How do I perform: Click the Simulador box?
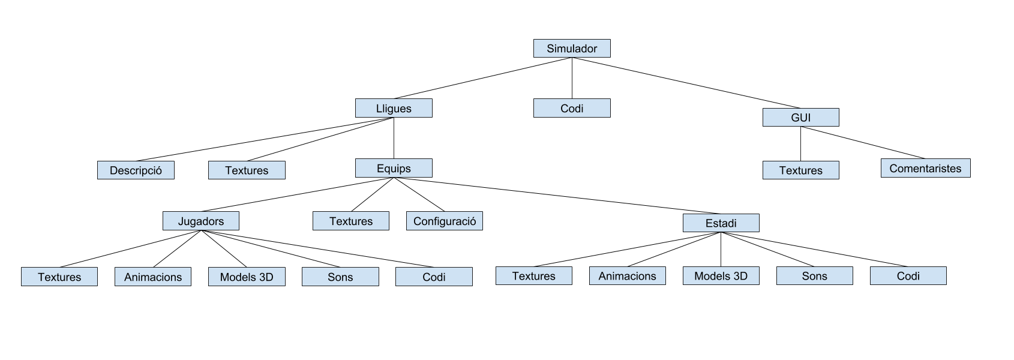coord(572,49)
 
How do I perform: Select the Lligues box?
coord(394,109)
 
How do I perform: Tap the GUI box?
coord(800,118)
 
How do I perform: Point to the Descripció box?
coord(136,170)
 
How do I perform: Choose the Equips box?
coord(394,169)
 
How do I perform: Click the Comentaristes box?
coord(925,169)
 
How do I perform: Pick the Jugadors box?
coord(200,221)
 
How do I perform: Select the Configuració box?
coord(444,221)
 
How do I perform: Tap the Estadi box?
coord(721,223)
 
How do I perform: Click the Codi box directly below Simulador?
coord(572,109)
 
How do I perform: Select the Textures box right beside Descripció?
coord(247,170)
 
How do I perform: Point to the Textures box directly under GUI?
coord(800,170)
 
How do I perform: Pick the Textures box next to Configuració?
coord(350,221)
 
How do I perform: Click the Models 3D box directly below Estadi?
coord(721,276)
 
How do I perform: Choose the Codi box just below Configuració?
coord(434,277)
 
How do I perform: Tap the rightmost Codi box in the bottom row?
coord(908,276)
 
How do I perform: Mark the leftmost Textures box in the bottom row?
coord(59,277)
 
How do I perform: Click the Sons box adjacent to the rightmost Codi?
coord(814,276)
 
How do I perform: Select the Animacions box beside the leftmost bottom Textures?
coord(153,277)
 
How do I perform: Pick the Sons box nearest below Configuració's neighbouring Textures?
coord(340,277)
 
